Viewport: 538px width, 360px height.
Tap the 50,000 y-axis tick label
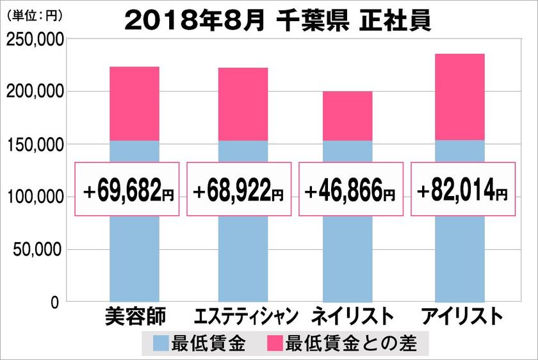38,249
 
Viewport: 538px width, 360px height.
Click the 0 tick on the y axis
56,302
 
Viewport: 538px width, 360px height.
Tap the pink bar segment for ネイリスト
347,116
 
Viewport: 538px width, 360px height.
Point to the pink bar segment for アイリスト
459,97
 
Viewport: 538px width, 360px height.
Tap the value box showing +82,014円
462,189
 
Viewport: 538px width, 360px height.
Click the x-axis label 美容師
134,317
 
